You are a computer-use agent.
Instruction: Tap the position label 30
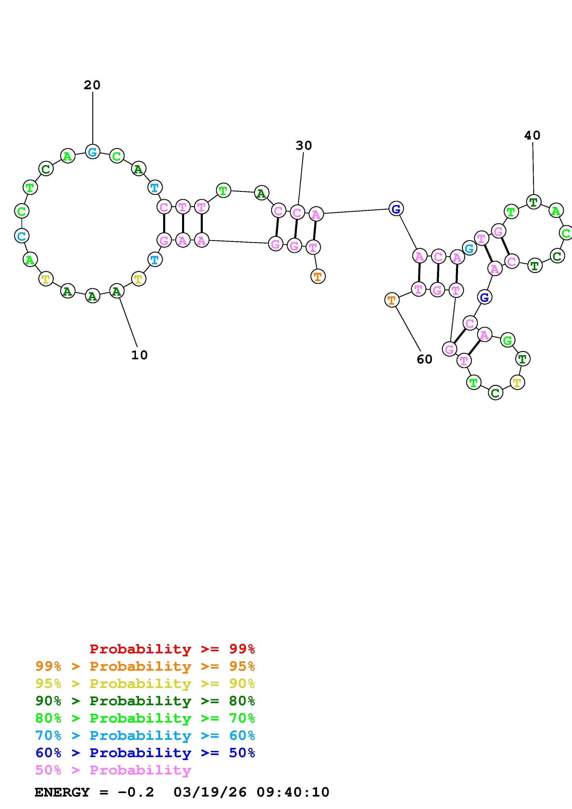(x=303, y=146)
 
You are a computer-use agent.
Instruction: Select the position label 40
(x=532, y=135)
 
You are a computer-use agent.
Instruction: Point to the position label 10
(x=139, y=355)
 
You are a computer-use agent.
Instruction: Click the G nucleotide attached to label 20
(x=93, y=152)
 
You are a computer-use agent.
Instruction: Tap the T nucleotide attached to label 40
(x=534, y=202)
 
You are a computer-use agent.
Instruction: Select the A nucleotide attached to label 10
(x=117, y=291)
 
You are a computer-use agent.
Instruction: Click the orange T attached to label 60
(x=392, y=300)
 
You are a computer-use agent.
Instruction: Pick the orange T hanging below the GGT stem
(x=317, y=276)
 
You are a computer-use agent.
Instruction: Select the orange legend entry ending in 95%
(x=145, y=666)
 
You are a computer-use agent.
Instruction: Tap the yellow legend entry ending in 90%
(x=145, y=684)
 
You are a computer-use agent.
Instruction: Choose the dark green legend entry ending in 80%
(x=145, y=701)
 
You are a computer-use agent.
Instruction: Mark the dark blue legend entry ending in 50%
(x=145, y=753)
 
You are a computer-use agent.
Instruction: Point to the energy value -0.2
(x=136, y=792)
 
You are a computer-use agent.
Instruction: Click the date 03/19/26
(x=210, y=792)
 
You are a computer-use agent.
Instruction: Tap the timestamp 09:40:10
(x=293, y=792)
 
